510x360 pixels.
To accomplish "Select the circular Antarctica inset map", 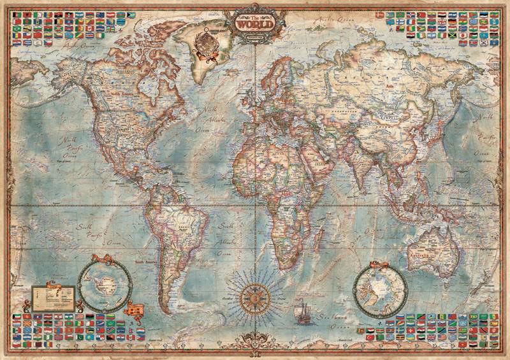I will [x=104, y=282].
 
